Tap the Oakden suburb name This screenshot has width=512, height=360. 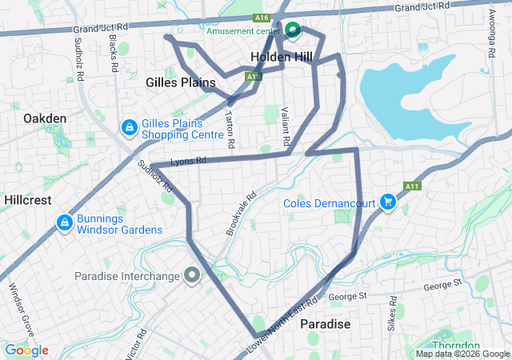click(x=45, y=118)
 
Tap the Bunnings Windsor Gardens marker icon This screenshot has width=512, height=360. click(x=64, y=222)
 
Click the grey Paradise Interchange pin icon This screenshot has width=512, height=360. click(x=192, y=276)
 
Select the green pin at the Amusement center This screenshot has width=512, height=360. click(x=293, y=31)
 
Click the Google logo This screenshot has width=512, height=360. click(x=26, y=350)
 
